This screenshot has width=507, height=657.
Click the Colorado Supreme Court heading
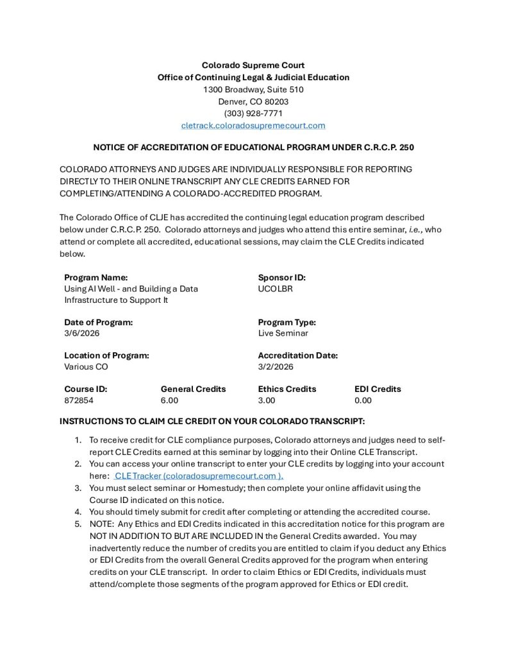click(253, 65)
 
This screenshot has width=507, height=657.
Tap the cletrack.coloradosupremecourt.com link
click(253, 126)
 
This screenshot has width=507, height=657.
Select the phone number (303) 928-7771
click(253, 114)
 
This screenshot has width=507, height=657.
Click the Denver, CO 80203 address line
click(253, 101)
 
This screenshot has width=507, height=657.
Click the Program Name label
click(96, 278)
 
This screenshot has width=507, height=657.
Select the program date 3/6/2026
click(81, 334)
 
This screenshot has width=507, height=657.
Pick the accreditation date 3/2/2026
click(276, 367)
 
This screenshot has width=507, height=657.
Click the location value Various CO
click(86, 367)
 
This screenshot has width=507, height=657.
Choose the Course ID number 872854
click(79, 400)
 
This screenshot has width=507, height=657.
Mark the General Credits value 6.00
click(169, 400)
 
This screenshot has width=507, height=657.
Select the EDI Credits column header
click(378, 389)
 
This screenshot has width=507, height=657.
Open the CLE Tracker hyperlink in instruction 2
click(198, 476)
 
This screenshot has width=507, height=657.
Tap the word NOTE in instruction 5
click(101, 524)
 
